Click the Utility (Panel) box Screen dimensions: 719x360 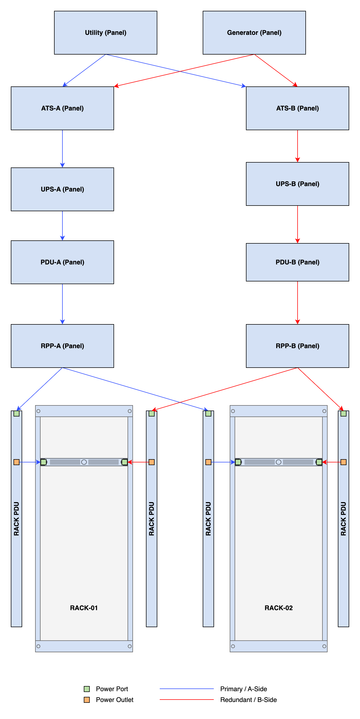click(x=106, y=33)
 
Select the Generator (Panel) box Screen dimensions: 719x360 click(x=254, y=33)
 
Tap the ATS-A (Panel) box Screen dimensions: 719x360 click(x=62, y=108)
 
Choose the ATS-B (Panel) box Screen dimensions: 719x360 click(x=298, y=108)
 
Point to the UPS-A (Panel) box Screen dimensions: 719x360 click(x=62, y=189)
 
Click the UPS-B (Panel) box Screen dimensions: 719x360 click(x=298, y=184)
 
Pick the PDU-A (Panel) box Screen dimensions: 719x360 click(x=62, y=262)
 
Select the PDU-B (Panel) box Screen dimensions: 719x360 click(x=298, y=262)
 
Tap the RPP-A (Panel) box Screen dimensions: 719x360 click(x=62, y=346)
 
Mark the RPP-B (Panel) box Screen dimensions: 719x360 click(x=298, y=346)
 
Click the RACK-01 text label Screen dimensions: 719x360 click(x=84, y=608)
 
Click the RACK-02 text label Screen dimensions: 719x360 click(x=278, y=608)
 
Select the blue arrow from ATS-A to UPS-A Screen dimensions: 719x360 click(x=62, y=148)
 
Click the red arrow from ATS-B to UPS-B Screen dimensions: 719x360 click(x=298, y=146)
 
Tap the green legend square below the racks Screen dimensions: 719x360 click(x=87, y=689)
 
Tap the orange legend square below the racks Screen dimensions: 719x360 click(x=87, y=700)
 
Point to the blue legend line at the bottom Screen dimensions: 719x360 click(x=186, y=689)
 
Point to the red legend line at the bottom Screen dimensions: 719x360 click(x=186, y=700)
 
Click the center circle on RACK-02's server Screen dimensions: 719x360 click(x=278, y=462)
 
